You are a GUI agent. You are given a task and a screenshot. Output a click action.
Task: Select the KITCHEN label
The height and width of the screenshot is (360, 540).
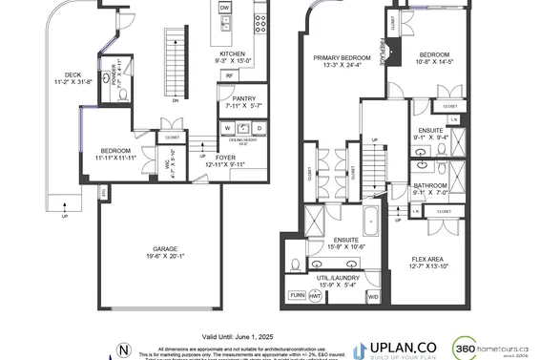(x=233, y=53)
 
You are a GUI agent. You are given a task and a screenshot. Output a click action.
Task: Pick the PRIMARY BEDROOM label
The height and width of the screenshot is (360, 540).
(x=343, y=58)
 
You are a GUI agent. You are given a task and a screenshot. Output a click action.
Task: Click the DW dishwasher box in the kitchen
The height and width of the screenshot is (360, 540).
(x=225, y=8)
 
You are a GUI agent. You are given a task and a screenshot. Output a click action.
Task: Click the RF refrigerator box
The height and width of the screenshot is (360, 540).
(x=230, y=75)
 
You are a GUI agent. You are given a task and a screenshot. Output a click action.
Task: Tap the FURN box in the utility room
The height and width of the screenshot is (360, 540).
(x=298, y=296)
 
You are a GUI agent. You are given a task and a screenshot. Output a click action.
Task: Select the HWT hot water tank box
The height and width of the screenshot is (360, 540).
(x=316, y=296)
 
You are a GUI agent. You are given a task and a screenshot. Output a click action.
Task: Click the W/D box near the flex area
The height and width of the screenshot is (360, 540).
(x=373, y=296)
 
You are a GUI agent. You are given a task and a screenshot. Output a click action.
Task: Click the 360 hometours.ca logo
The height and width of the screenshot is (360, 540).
(x=490, y=349)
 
